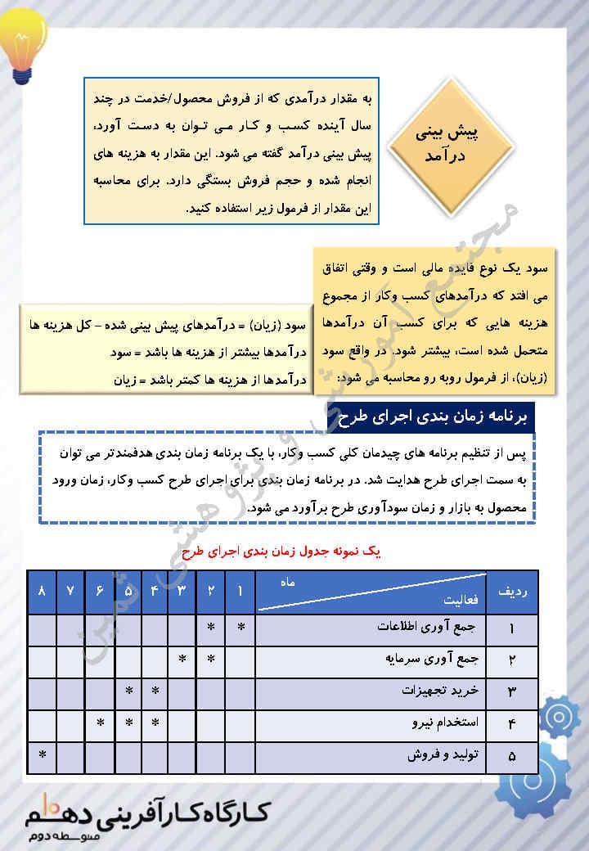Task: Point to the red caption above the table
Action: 290,552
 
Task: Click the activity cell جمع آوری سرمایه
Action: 433,660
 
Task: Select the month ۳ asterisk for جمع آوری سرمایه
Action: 182,660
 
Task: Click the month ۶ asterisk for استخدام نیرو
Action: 99,724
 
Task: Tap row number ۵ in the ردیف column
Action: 512,757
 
